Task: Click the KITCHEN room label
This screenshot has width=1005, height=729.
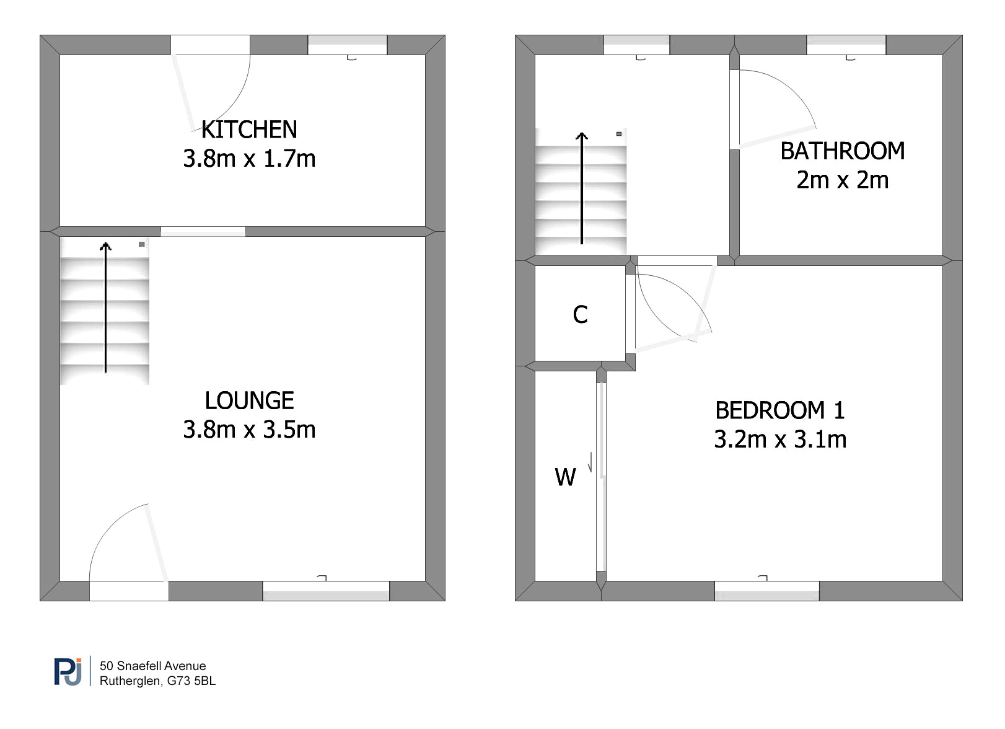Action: point(249,130)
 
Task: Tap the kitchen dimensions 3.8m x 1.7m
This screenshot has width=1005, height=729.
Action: point(249,159)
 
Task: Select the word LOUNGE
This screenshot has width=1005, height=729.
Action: point(249,400)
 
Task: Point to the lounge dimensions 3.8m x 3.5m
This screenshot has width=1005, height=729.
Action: point(249,430)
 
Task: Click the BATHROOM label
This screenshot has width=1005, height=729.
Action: point(842,151)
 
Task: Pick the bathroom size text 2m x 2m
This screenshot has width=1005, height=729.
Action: point(842,180)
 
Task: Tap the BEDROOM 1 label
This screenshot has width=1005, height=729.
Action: point(779,410)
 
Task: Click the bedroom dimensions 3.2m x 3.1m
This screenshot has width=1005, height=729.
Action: point(779,439)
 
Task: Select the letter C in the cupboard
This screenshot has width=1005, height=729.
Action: point(580,314)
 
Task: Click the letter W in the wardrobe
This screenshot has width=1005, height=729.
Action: point(565,477)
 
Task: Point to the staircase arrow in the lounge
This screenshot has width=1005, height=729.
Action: point(106,307)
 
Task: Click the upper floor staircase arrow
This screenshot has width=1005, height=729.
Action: point(582,188)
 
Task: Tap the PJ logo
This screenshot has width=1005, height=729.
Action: point(68,671)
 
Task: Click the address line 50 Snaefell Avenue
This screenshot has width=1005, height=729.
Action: point(152,666)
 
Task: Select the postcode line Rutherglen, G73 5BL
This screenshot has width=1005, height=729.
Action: point(157,681)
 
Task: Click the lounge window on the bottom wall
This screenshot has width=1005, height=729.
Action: point(326,591)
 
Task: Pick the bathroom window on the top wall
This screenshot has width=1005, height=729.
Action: point(846,45)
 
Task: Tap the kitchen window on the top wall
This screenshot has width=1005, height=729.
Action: point(347,45)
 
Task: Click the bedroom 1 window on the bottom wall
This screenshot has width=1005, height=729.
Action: point(766,591)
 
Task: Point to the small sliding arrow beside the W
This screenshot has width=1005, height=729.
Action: point(590,462)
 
